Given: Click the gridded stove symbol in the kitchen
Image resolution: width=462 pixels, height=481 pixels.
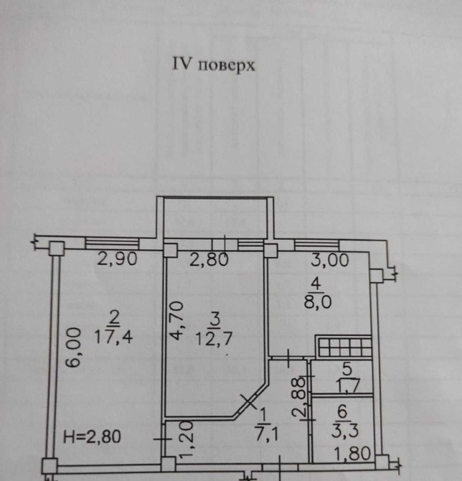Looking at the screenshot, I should [x=343, y=347].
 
